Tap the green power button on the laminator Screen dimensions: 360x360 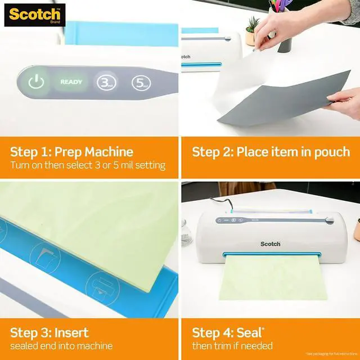click(36, 82)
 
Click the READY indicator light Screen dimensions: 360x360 click(71, 82)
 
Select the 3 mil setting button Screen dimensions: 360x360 click(105, 83)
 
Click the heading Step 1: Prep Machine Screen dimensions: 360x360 click(71, 151)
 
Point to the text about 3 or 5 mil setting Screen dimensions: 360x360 click(88, 165)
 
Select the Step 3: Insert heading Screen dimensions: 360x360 click(49, 332)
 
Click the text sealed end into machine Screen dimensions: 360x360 click(61, 346)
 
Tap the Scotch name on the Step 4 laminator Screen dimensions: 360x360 click(270, 244)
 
